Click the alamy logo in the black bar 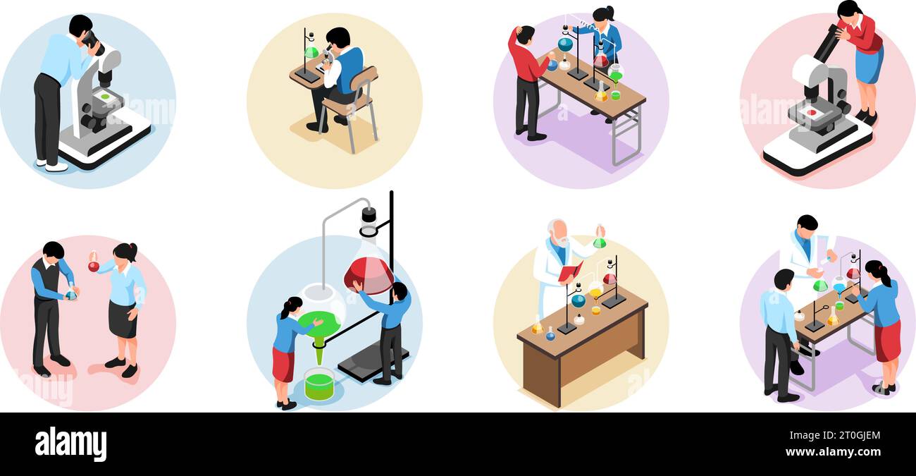[x=70, y=444]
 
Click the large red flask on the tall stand [x=369, y=274]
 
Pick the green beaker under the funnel [x=318, y=385]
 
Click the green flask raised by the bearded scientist [x=599, y=243]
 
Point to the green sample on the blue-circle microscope [x=105, y=97]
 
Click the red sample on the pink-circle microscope [x=812, y=112]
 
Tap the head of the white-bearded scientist [x=557, y=230]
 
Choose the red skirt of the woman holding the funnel [x=283, y=364]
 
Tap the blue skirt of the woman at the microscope [x=869, y=66]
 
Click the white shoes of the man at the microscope [x=52, y=165]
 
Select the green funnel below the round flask [x=318, y=345]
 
